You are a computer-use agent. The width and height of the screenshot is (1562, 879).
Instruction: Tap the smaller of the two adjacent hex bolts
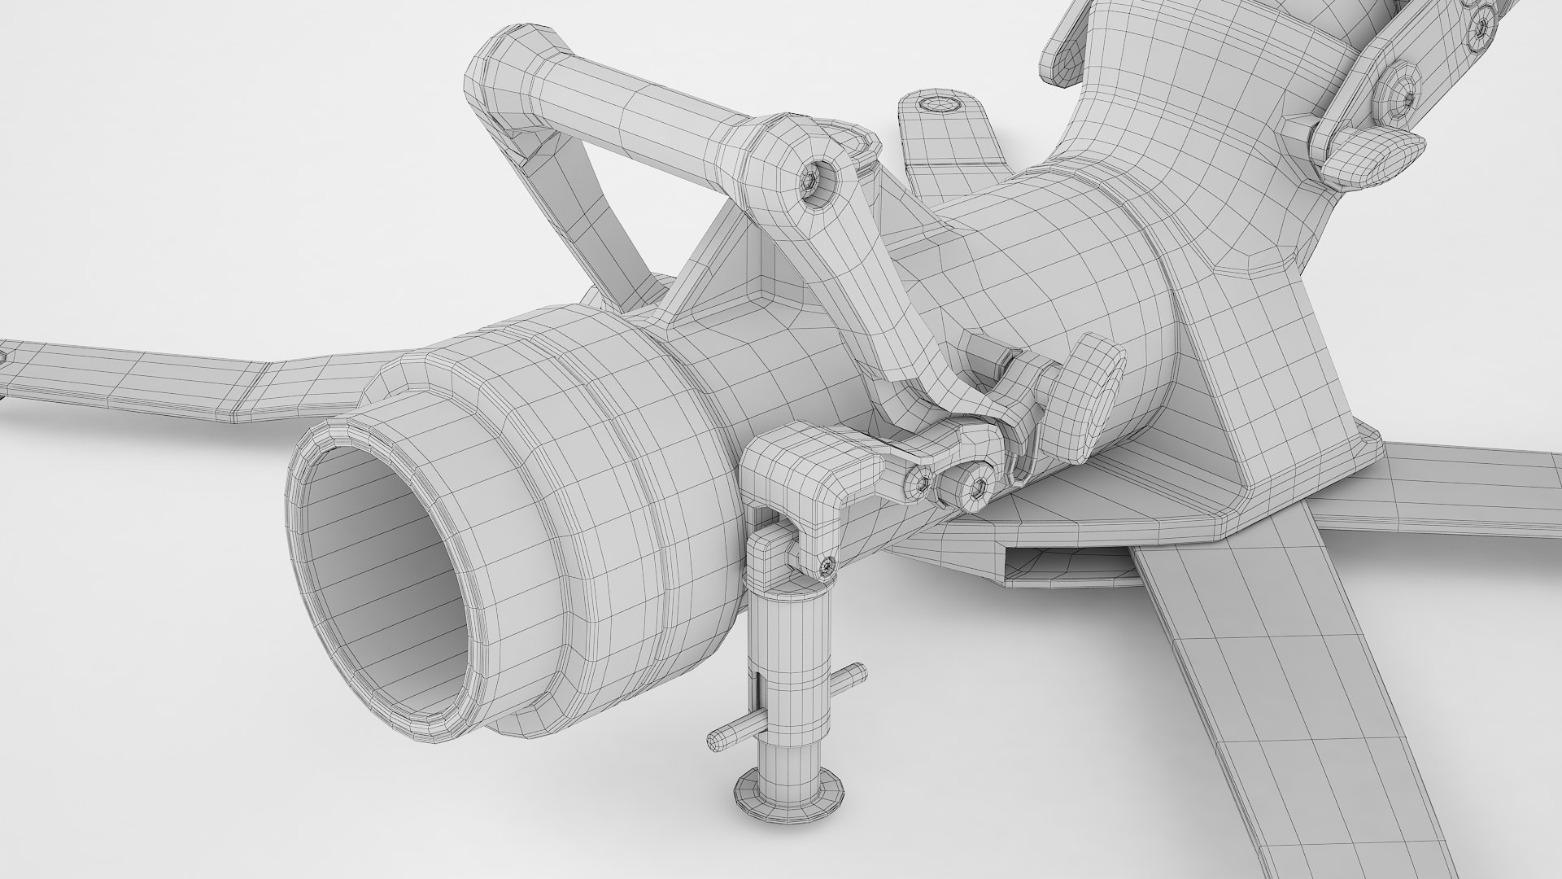coord(923,483)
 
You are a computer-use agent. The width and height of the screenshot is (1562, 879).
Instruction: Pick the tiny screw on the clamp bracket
coord(827,563)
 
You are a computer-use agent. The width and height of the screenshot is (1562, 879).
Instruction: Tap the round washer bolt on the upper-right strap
coord(1404,97)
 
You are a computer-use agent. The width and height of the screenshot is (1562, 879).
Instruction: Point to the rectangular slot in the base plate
coord(1066,568)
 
